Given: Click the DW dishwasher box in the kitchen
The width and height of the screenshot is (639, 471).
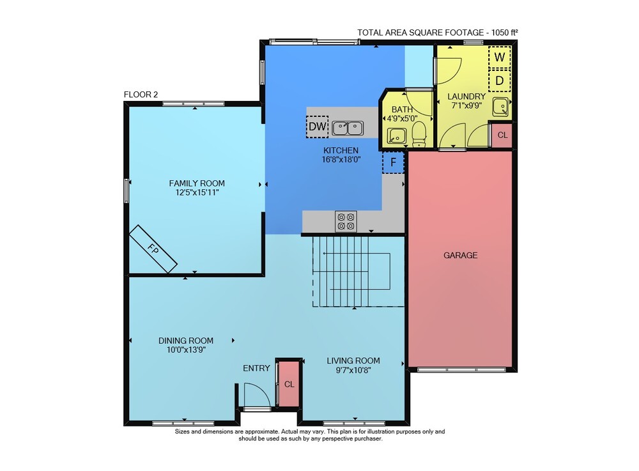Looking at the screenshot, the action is (317, 127).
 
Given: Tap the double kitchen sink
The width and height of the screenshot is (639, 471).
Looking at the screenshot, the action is (348, 128).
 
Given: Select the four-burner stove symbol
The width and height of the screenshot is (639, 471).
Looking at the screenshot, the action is (346, 222).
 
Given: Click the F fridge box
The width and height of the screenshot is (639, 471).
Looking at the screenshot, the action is (393, 162).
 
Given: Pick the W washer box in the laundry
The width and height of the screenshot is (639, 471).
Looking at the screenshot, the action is (500, 58).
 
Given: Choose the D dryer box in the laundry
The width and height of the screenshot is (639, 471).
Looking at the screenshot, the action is (500, 81).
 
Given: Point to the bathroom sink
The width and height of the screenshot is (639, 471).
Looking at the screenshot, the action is (396, 136).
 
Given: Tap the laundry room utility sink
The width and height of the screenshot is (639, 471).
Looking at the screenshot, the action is (500, 107).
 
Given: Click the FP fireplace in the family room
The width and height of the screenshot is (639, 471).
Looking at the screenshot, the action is (153, 249).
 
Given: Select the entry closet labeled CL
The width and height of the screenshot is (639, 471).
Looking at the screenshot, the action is (289, 384).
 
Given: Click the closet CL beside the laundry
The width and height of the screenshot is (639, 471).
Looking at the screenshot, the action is (502, 135).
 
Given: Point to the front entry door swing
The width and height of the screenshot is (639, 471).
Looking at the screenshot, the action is (257, 395).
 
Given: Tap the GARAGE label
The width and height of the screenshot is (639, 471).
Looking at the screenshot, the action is (461, 256).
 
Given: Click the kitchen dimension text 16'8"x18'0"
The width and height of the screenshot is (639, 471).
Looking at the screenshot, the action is (341, 160).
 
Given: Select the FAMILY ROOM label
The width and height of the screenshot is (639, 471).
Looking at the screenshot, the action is (197, 183).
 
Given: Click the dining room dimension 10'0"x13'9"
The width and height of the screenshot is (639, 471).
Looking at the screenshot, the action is (186, 350).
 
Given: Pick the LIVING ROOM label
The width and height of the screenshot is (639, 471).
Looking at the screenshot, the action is (353, 361).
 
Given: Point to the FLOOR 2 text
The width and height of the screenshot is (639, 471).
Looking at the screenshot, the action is (141, 95).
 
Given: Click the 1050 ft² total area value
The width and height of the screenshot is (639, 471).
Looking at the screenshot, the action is (505, 33).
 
